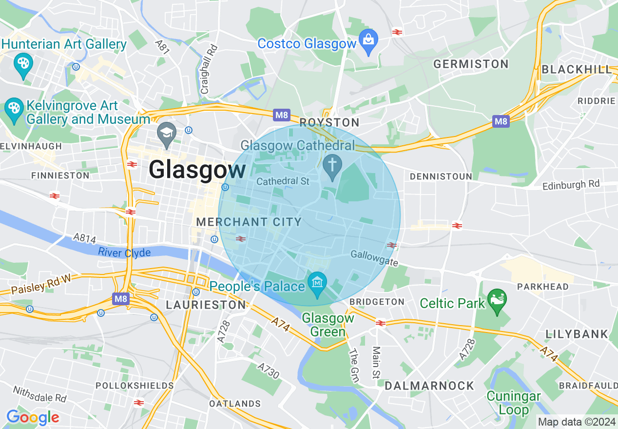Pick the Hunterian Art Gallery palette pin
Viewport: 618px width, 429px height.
coord(23,65)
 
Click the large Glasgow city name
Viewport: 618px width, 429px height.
coord(197,170)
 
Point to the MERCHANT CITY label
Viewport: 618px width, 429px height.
coord(249,222)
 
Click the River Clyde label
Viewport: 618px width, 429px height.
coord(124,253)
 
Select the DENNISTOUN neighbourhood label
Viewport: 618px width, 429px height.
coord(441,176)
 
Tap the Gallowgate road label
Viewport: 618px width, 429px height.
coord(374,258)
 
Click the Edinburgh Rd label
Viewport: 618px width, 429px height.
coord(571,185)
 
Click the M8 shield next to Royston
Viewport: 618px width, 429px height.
coord(282,116)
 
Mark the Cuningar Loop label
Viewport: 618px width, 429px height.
coord(514,403)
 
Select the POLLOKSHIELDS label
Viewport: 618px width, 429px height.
coord(135,386)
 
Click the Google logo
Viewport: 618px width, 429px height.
coord(33,417)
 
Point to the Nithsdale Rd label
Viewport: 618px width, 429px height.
coord(39,394)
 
